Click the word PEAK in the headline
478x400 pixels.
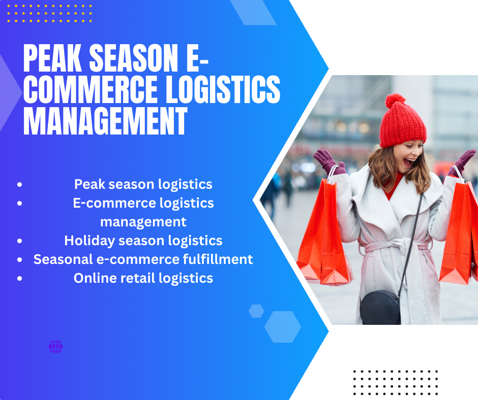pyautogui.click(x=52, y=58)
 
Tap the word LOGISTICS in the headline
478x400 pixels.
pyautogui.click(x=223, y=89)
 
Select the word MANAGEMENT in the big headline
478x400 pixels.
pyautogui.click(x=105, y=121)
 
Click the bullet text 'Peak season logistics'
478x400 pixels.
pyautogui.click(x=143, y=184)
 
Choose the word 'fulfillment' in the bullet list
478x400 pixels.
pyautogui.click(x=218, y=259)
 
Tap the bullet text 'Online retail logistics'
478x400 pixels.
pyautogui.click(x=143, y=278)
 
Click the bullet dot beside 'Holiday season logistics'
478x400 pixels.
pyautogui.click(x=20, y=241)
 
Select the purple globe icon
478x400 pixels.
pyautogui.click(x=55, y=347)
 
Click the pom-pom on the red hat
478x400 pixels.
pyautogui.click(x=396, y=101)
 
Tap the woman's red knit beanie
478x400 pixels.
pyautogui.click(x=402, y=122)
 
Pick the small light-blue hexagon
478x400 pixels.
pyautogui.click(x=256, y=311)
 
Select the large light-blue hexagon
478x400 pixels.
pyautogui.click(x=283, y=327)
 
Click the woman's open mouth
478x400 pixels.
pyautogui.click(x=408, y=162)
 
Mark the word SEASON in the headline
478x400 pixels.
pyautogui.click(x=134, y=58)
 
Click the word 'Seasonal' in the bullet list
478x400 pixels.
pyautogui.click(x=63, y=259)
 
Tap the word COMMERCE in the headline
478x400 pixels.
pyautogui.click(x=90, y=89)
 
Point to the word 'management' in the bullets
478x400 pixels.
pyautogui.click(x=143, y=222)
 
